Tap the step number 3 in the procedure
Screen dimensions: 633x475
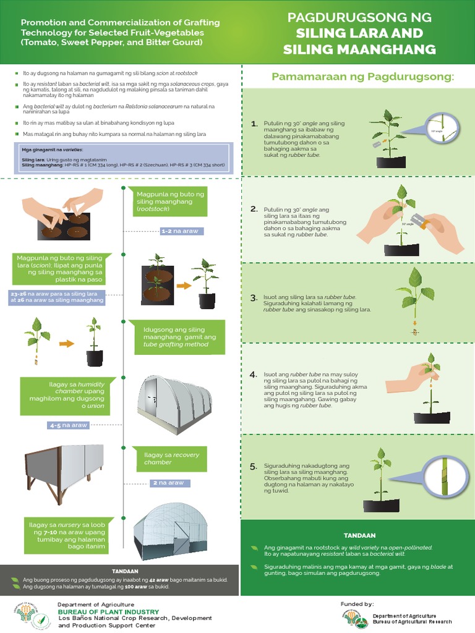(254, 298)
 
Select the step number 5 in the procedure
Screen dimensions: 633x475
(254, 466)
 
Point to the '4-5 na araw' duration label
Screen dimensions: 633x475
(69, 425)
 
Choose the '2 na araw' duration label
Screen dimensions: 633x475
(166, 483)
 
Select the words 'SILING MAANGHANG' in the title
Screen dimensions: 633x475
(359, 49)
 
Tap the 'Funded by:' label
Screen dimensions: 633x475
(357, 603)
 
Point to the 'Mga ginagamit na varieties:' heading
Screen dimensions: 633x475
(52, 150)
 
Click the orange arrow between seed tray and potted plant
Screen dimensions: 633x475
(184, 286)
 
